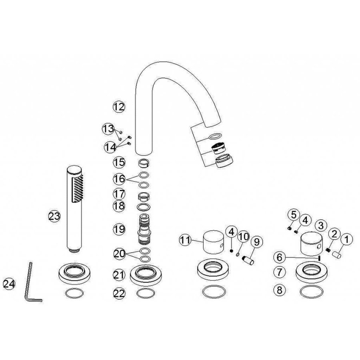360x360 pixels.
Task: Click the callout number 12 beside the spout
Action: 119,107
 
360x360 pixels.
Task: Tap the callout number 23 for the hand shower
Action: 54,216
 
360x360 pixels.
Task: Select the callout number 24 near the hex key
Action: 9,284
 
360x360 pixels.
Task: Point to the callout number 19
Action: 119,229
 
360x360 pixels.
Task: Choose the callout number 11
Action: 185,240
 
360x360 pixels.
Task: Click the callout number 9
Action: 257,242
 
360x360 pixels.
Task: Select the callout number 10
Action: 244,236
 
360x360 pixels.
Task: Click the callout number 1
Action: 347,240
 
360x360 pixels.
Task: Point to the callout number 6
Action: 280,257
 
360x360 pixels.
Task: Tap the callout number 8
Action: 280,290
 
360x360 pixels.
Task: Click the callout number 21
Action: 119,275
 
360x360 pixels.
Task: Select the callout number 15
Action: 119,162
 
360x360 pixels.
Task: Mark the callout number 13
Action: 108,129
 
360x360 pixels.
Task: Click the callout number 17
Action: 119,194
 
